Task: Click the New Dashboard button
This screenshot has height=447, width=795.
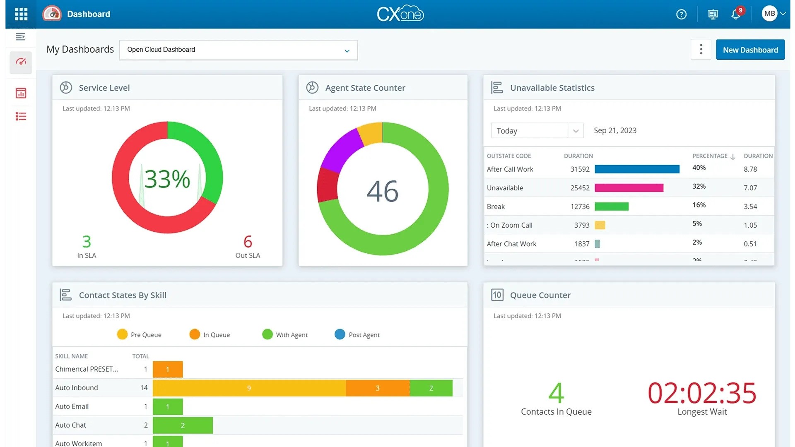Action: [x=750, y=50]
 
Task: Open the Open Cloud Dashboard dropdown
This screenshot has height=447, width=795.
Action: [x=238, y=50]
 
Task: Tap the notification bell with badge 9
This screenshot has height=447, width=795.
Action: [x=736, y=14]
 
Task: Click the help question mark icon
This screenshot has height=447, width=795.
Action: [x=681, y=14]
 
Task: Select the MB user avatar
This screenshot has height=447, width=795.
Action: [x=769, y=14]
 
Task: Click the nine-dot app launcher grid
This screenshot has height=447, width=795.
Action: [x=21, y=14]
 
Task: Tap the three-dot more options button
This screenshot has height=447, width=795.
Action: [x=701, y=50]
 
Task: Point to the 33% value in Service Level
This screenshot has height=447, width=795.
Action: [x=167, y=179]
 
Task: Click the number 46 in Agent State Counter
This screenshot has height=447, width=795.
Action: [x=383, y=191]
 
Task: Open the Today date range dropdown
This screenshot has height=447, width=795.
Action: [x=537, y=131]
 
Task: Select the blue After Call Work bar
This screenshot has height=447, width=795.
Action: [x=637, y=169]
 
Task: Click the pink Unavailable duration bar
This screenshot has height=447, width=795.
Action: [x=629, y=188]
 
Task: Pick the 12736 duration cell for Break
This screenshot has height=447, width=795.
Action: [x=580, y=207]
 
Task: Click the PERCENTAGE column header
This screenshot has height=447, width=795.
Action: [x=710, y=156]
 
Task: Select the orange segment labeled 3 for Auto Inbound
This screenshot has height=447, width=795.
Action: [x=377, y=388]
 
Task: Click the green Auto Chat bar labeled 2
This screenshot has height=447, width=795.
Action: [x=183, y=425]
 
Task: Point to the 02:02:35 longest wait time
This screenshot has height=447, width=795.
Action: [x=702, y=393]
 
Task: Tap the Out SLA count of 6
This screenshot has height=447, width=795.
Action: [x=248, y=242]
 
